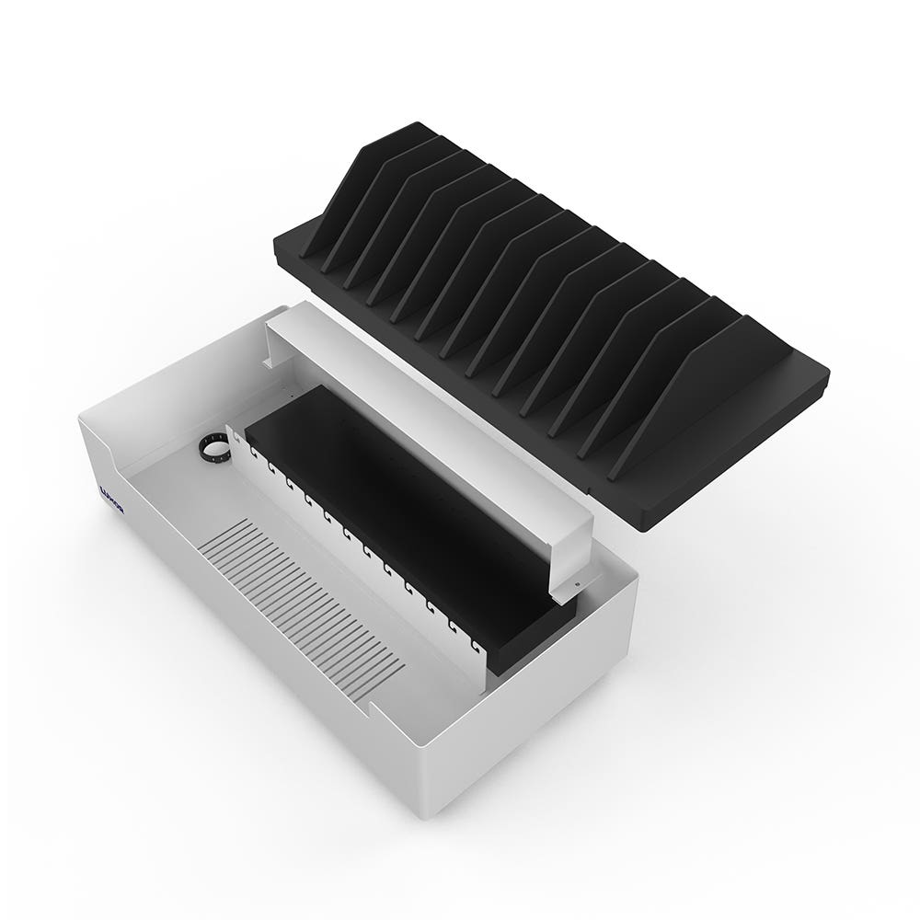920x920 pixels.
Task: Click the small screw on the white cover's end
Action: coord(574,582)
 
